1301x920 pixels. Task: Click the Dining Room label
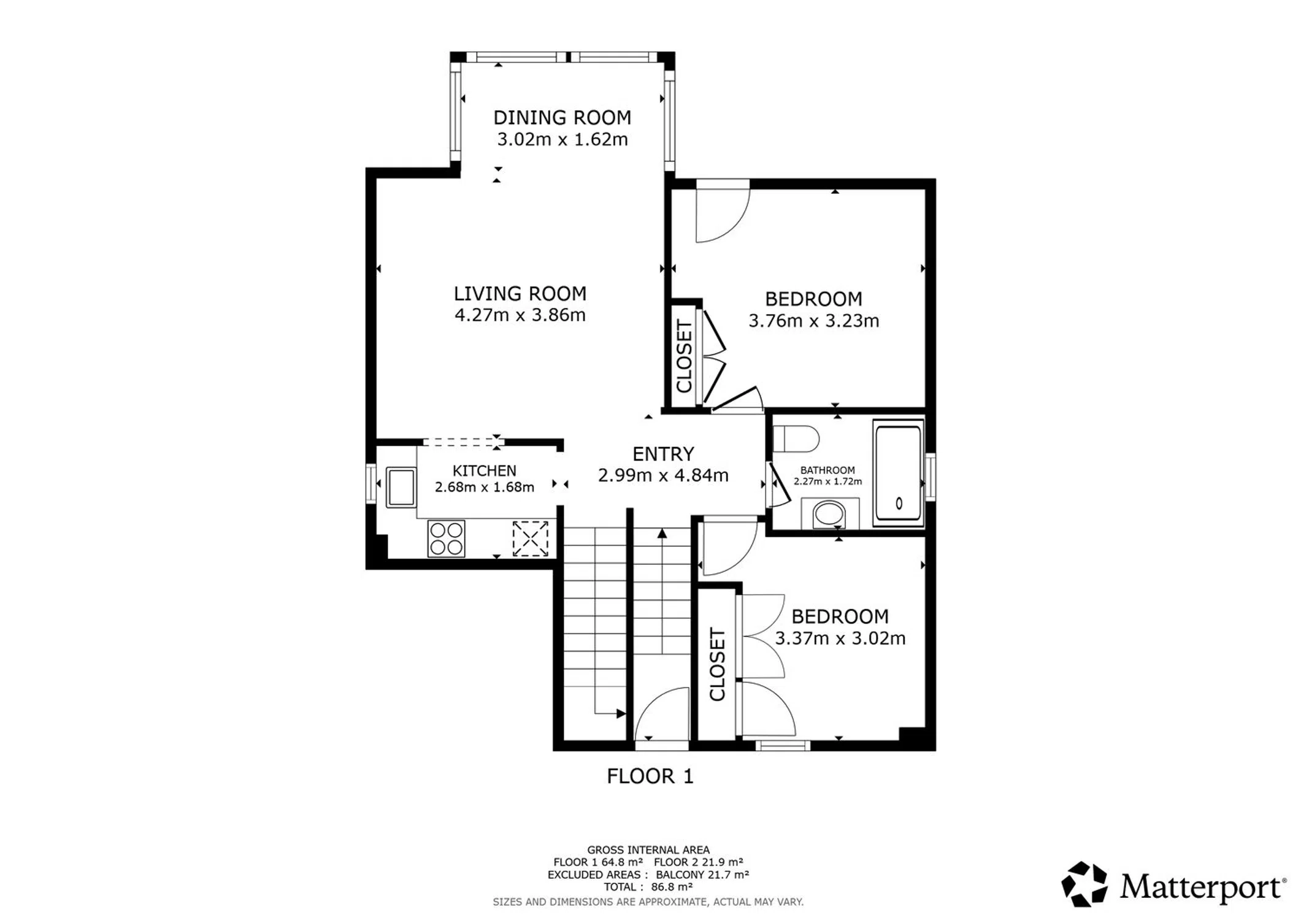(x=562, y=117)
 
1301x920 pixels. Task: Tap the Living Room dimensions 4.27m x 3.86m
(x=520, y=315)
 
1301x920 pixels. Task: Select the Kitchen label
(x=484, y=470)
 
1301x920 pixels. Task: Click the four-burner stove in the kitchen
(x=446, y=539)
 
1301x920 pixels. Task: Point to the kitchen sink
(x=401, y=487)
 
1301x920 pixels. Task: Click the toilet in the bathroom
(x=796, y=439)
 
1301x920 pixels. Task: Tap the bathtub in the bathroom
(x=898, y=473)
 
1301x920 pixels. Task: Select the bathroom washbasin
(x=829, y=514)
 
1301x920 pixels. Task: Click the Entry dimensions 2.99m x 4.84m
(x=663, y=475)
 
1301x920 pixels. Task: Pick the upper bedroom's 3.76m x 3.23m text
(x=813, y=321)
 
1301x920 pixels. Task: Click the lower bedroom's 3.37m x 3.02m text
(x=840, y=638)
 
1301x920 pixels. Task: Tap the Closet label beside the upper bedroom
(x=684, y=356)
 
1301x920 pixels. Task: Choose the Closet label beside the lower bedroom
(x=717, y=664)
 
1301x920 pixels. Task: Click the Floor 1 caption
(x=650, y=776)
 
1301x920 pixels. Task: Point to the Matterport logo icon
(x=1084, y=884)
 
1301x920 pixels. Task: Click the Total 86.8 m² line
(x=648, y=887)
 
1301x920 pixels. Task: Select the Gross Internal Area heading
(x=648, y=850)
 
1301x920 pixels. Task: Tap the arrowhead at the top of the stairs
(x=662, y=533)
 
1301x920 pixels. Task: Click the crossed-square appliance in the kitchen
(x=530, y=539)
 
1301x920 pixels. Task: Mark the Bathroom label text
(x=827, y=470)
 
